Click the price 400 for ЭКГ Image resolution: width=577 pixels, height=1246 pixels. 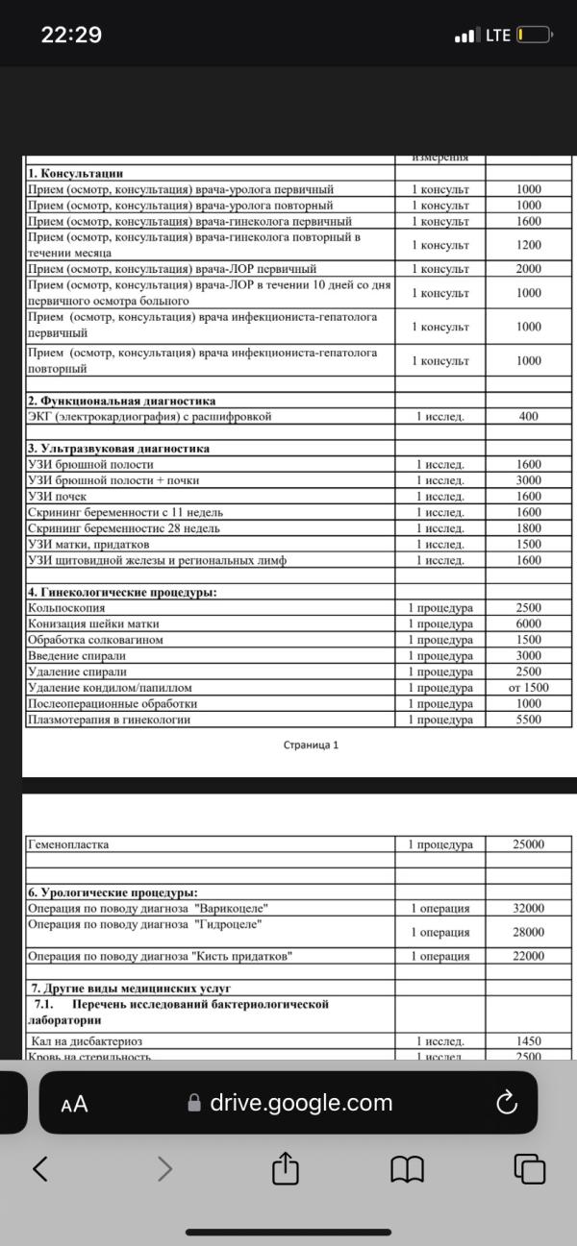[529, 417]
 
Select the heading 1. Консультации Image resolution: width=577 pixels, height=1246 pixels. [76, 174]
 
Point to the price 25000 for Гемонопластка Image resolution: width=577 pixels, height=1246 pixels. [529, 844]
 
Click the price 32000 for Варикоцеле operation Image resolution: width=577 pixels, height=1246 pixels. [529, 909]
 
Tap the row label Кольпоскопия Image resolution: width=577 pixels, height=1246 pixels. [66, 608]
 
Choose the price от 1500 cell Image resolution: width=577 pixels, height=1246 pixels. [529, 688]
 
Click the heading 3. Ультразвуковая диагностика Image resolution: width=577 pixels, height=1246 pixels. [118, 449]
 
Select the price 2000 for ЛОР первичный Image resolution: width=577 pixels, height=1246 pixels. [529, 269]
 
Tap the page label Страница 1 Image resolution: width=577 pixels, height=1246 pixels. [311, 745]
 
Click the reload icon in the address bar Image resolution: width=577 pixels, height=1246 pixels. [507, 1103]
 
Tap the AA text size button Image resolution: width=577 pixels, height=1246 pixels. [74, 1104]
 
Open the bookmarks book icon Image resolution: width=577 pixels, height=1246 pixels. [408, 1168]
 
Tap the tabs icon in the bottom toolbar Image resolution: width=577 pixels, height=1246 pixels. [530, 1168]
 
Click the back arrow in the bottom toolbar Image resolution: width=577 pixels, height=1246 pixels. [40, 1168]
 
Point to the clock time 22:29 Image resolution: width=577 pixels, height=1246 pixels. [71, 36]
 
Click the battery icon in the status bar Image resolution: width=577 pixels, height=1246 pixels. [534, 36]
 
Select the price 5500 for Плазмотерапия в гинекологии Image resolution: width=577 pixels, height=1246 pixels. [529, 720]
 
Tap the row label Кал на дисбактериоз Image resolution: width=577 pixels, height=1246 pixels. [86, 1041]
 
